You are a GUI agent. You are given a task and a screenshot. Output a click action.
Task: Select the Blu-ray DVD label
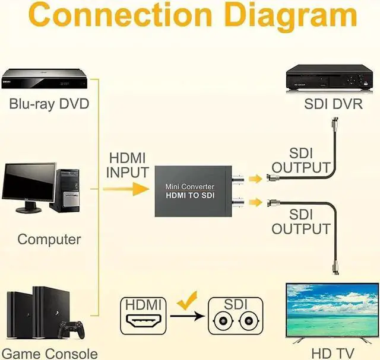49,104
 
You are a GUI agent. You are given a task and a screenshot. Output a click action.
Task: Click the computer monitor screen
29,182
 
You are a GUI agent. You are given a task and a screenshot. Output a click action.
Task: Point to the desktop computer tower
65,190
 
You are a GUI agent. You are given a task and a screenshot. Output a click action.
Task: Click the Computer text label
49,240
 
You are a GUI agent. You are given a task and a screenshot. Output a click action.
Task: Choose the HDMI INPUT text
127,165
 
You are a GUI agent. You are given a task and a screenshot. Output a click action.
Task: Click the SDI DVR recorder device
330,77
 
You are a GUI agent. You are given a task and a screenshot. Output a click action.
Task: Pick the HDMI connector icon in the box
142,323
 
